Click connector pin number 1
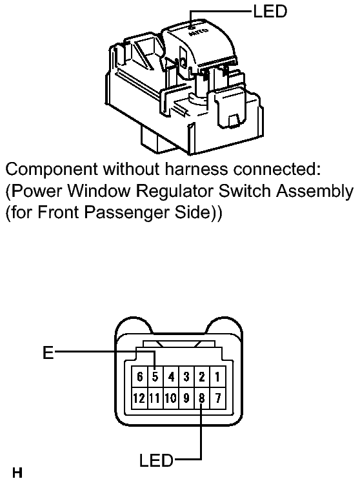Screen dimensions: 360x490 click(x=217, y=376)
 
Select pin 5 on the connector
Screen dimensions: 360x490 click(x=155, y=376)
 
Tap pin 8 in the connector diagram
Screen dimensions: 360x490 click(x=202, y=398)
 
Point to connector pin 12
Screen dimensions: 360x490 click(x=139, y=398)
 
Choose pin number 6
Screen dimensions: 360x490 click(x=139, y=376)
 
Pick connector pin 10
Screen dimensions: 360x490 click(x=171, y=398)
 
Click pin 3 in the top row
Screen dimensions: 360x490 click(x=186, y=376)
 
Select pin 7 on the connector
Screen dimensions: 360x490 click(x=217, y=398)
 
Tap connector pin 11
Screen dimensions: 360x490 click(x=155, y=398)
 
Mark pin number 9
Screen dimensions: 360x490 click(x=186, y=398)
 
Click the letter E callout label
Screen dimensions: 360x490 click(x=48, y=352)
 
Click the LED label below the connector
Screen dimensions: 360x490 click(x=156, y=460)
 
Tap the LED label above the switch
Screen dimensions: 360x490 click(x=270, y=12)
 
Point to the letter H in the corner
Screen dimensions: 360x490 click(x=17, y=473)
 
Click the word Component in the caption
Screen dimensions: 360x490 click(x=52, y=170)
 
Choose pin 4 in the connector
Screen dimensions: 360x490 click(x=171, y=376)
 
